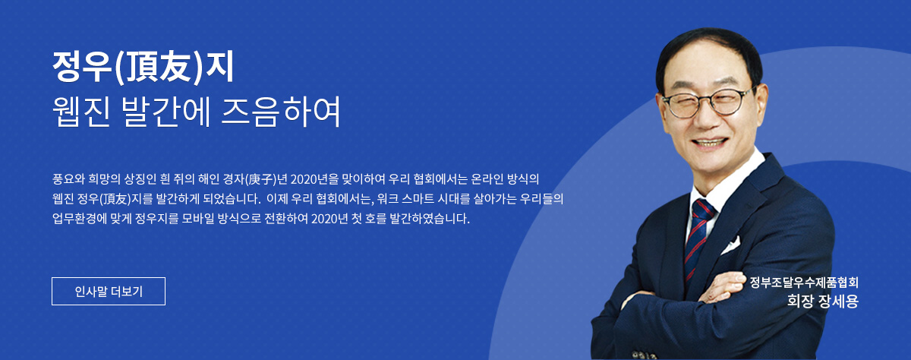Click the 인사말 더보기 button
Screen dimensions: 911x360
(x=109, y=291)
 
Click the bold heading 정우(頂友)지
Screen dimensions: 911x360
(x=143, y=67)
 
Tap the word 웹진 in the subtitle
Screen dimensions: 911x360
(x=81, y=112)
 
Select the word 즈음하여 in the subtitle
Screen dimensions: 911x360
(x=281, y=112)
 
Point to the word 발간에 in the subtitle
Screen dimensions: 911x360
(x=166, y=112)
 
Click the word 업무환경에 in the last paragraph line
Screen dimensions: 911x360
(x=79, y=219)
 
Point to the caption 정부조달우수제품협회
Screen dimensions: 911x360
(x=804, y=283)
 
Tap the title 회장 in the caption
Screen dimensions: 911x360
(x=801, y=301)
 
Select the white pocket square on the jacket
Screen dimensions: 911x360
(x=731, y=245)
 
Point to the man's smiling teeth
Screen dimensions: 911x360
(x=710, y=144)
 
